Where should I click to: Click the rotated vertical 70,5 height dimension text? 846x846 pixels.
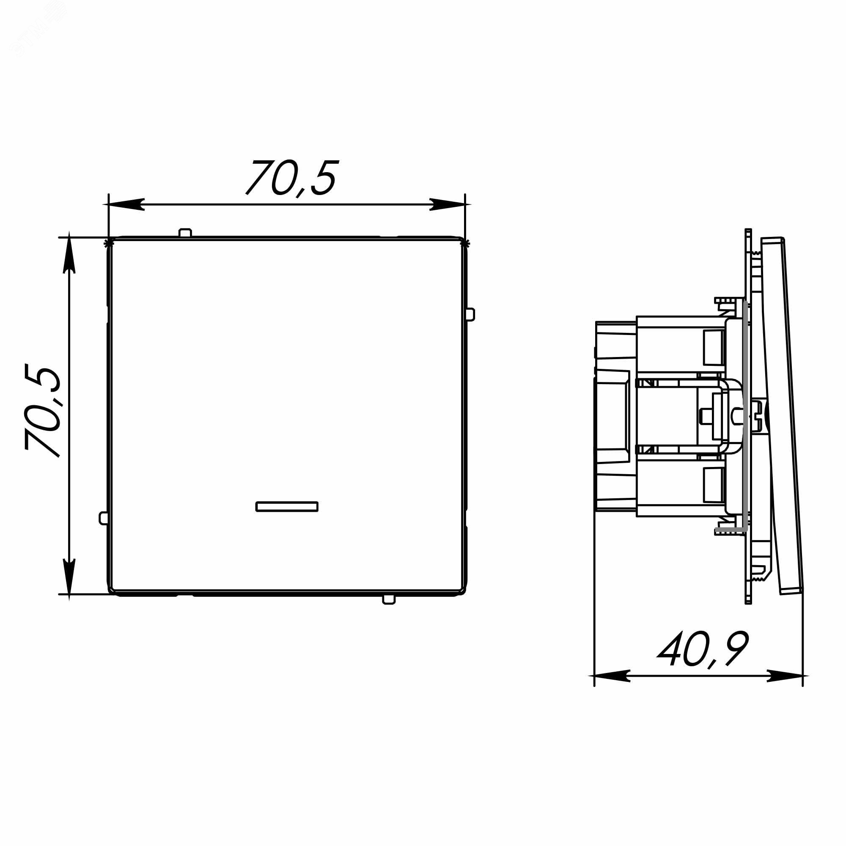click(42, 410)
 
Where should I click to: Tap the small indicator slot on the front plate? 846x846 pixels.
click(287, 507)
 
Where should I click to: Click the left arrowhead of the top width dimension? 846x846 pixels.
click(126, 204)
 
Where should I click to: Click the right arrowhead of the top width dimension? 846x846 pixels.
click(447, 204)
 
